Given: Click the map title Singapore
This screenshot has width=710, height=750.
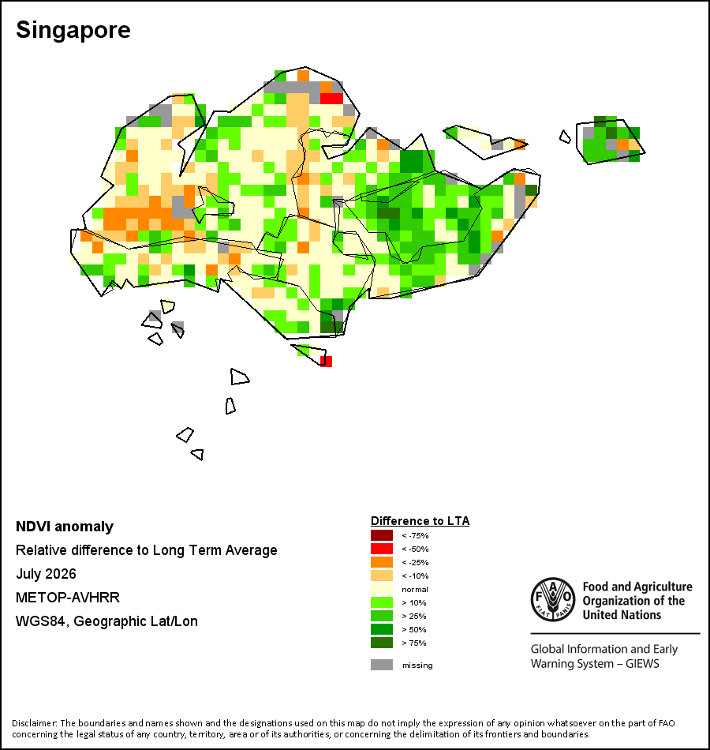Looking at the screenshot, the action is (x=73, y=30).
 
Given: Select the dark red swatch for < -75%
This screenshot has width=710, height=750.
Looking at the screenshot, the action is (x=382, y=535).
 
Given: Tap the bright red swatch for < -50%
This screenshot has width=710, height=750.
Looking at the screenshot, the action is (x=382, y=549).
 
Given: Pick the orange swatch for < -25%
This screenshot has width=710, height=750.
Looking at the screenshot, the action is (x=382, y=562).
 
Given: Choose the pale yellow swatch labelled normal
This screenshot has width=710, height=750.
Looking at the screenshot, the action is (x=382, y=589).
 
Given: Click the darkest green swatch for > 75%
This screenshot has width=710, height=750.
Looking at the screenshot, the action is (x=382, y=643).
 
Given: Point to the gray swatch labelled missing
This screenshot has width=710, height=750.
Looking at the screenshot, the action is (x=382, y=665).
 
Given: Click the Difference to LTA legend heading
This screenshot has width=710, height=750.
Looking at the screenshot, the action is (x=420, y=521).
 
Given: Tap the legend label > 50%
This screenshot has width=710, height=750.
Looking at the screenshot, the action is (x=414, y=629).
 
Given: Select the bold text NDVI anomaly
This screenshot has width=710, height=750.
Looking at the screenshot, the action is (x=65, y=527).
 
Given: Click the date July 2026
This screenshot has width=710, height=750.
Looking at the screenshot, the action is (x=46, y=573).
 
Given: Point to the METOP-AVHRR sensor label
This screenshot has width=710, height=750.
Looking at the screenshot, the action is (x=68, y=598).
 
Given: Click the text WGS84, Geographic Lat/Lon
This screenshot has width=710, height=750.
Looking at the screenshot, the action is (x=106, y=621).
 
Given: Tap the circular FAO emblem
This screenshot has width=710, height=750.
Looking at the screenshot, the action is (x=553, y=599).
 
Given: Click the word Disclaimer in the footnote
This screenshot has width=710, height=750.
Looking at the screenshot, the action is (x=35, y=723).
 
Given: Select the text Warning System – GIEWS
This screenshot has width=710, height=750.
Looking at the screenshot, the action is (x=595, y=664).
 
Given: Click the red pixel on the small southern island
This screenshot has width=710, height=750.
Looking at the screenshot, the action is (x=326, y=361).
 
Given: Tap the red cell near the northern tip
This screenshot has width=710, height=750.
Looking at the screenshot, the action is (x=331, y=99).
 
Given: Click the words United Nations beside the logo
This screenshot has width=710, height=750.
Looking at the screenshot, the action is (x=622, y=615).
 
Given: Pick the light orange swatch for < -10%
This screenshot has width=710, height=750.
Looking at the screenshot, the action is (x=382, y=576).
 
